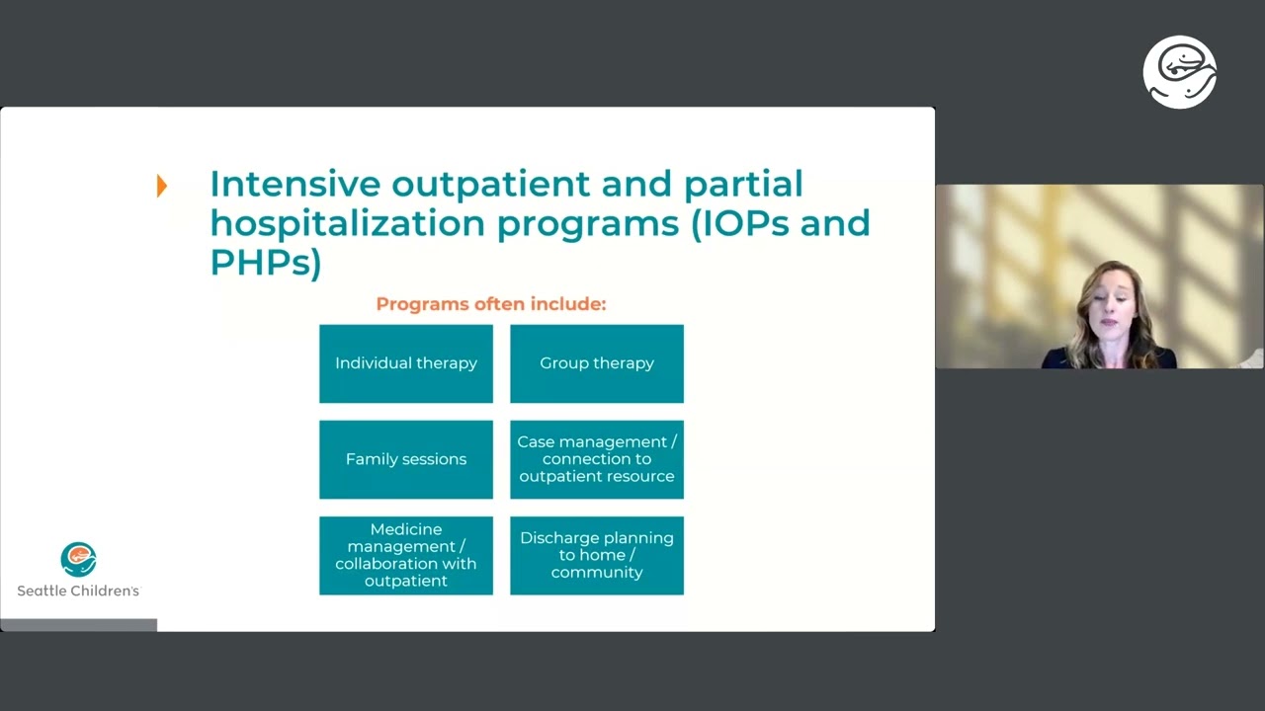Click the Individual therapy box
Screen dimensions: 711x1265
pyautogui.click(x=405, y=363)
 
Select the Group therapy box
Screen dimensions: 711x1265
pyautogui.click(x=596, y=363)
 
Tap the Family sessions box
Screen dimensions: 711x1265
pyautogui.click(x=405, y=459)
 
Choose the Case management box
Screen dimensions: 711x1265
pyautogui.click(x=596, y=459)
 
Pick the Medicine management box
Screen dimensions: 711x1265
pyautogui.click(x=405, y=555)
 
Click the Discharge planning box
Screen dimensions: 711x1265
pyautogui.click(x=596, y=555)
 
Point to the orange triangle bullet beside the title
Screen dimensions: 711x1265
pyautogui.click(x=162, y=186)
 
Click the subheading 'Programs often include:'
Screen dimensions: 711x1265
pyautogui.click(x=490, y=304)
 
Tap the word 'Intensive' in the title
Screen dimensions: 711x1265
pyautogui.click(x=295, y=185)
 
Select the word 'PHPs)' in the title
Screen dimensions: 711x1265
pyautogui.click(x=265, y=263)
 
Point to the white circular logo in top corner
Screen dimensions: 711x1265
pyautogui.click(x=1179, y=72)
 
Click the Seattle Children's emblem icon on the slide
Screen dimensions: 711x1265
pyautogui.click(x=78, y=559)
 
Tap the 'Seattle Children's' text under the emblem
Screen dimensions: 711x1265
pyautogui.click(x=78, y=591)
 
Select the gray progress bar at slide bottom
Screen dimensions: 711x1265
pyautogui.click(x=78, y=624)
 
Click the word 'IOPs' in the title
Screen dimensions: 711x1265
pyautogui.click(x=737, y=224)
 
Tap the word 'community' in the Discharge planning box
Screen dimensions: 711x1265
pyautogui.click(x=596, y=573)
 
